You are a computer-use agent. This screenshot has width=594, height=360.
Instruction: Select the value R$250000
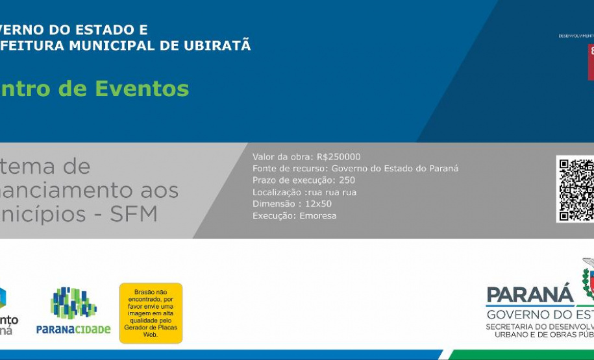(338, 157)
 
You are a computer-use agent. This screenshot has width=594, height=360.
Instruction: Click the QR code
(576, 189)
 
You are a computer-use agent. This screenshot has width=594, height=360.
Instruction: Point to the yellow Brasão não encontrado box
(151, 313)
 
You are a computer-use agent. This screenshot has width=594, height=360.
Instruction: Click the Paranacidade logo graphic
(73, 303)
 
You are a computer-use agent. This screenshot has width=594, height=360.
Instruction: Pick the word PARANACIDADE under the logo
(73, 330)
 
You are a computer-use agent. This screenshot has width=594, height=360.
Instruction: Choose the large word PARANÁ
(530, 294)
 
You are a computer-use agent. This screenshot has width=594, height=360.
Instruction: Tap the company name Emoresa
(318, 215)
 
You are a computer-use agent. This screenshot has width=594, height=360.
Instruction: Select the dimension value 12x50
(318, 204)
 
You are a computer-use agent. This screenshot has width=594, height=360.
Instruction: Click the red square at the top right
(591, 62)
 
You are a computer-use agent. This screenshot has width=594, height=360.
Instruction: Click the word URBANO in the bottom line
(512, 335)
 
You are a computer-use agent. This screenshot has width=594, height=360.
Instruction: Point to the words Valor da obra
(282, 157)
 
